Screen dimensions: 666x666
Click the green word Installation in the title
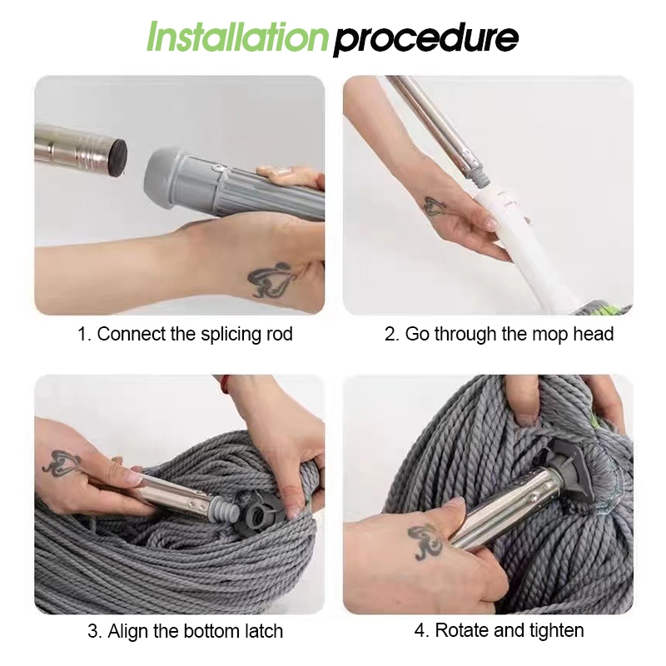tap(237, 37)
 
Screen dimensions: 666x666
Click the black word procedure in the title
tap(426, 40)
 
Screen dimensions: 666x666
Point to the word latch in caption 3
tap(263, 631)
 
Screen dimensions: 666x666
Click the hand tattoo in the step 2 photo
tap(435, 206)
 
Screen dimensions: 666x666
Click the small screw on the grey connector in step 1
tap(218, 168)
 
